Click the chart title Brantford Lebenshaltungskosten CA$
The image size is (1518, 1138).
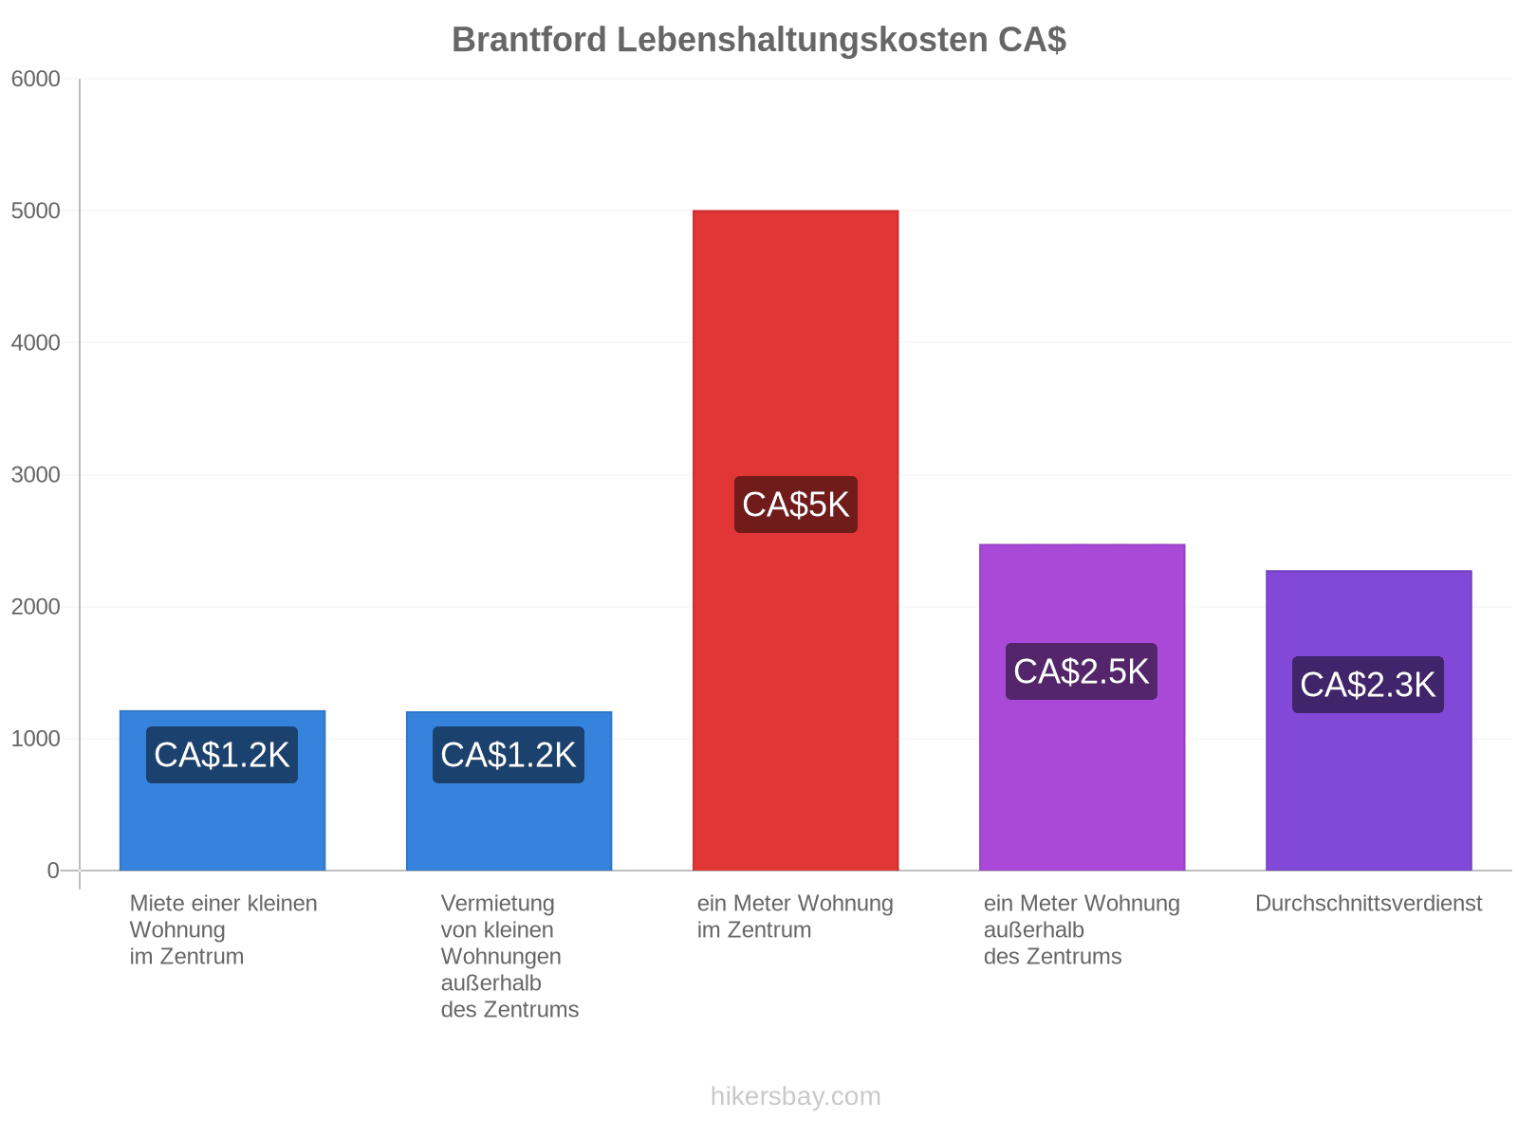759,40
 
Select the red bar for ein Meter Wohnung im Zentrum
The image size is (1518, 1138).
795,540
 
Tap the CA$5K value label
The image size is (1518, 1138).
795,505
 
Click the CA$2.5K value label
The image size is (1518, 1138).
1081,670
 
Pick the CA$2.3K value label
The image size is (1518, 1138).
1367,685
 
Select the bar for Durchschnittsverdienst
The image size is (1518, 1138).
1368,720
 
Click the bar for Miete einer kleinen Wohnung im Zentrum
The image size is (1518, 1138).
222,790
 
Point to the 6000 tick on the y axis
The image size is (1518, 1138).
35,79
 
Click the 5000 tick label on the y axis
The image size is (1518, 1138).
35,211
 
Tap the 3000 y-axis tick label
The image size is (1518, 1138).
35,475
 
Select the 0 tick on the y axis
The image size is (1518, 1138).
52,871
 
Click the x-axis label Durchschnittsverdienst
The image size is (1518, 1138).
1368,903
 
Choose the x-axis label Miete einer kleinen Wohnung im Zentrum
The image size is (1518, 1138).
223,929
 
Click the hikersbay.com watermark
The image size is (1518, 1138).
795,1096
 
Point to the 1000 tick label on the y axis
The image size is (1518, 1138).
35,739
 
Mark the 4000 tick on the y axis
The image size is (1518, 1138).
35,342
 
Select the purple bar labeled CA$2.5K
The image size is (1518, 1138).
1082,707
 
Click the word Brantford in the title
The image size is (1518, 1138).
529,40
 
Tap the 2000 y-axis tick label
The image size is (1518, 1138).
35,607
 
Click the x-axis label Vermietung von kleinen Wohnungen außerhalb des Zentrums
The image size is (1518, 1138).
509,956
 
